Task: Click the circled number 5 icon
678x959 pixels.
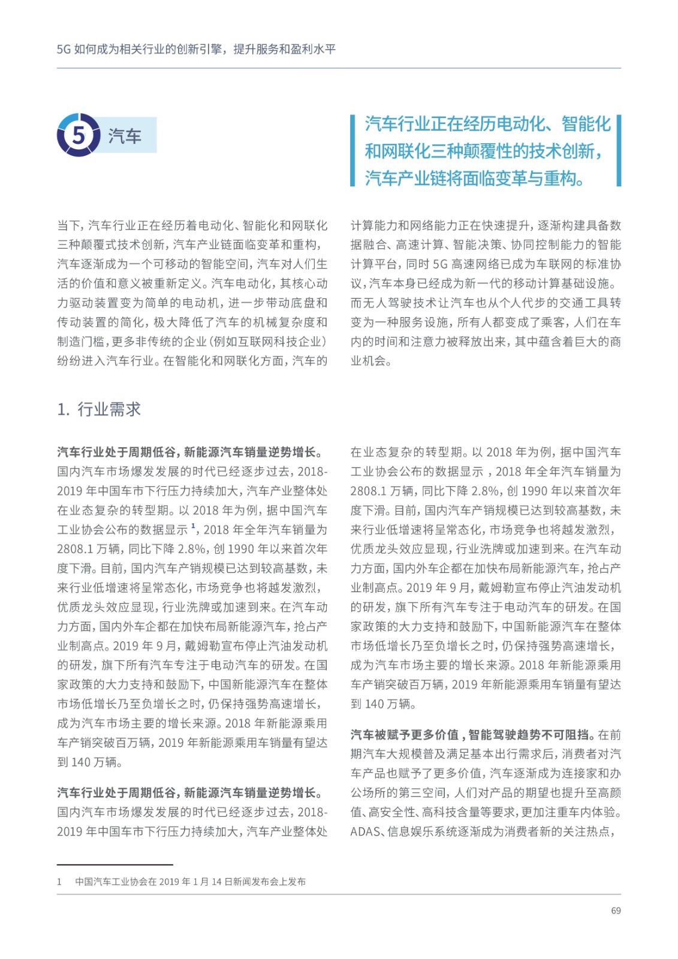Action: click(x=79, y=135)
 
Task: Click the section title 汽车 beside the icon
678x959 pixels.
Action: click(x=125, y=136)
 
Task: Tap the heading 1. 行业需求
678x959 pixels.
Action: click(x=99, y=409)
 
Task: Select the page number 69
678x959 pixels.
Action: click(x=616, y=910)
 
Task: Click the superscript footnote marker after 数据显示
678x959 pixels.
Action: click(x=194, y=526)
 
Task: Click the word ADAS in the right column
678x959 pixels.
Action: click(x=365, y=831)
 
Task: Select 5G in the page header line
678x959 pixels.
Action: click(x=64, y=49)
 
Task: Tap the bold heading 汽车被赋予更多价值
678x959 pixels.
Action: click(x=405, y=735)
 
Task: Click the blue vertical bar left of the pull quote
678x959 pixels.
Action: click(x=353, y=150)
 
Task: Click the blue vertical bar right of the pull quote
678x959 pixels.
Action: click(x=619, y=150)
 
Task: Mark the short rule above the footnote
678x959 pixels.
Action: click(x=114, y=865)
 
